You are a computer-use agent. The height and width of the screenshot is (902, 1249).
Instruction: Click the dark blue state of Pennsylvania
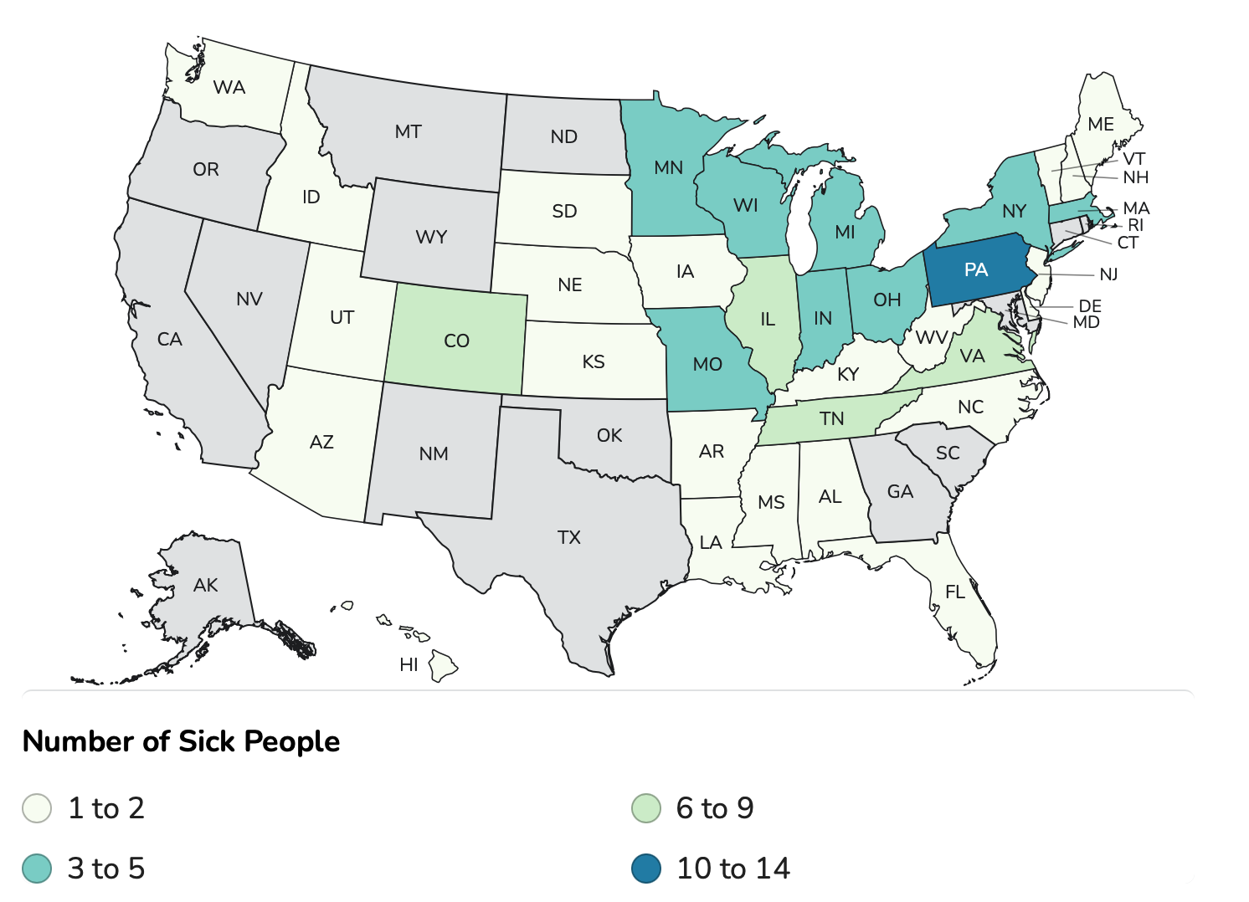coord(976,270)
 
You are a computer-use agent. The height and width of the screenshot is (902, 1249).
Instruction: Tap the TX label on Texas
coord(569,537)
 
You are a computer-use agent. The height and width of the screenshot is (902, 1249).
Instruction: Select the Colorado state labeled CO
coord(456,341)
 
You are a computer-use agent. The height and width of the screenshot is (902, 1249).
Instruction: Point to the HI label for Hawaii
coord(409,665)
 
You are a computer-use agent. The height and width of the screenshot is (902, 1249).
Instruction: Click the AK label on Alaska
coord(205,585)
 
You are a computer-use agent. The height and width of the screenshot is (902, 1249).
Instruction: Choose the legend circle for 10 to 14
coord(646,869)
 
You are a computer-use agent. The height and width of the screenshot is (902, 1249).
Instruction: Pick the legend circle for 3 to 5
coord(37,869)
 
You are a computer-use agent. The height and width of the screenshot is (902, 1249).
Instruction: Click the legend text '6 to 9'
coord(715,808)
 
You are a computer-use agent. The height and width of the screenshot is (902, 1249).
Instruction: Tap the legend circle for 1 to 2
coord(37,808)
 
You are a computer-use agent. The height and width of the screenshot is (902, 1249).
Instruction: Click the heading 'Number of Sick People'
coord(181,741)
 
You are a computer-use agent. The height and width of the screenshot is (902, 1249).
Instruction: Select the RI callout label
coord(1135,225)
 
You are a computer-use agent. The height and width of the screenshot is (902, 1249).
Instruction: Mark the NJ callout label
coord(1108,274)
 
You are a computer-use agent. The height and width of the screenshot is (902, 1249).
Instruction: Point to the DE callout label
coord(1090,306)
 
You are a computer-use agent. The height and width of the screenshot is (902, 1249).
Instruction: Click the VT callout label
coord(1134,159)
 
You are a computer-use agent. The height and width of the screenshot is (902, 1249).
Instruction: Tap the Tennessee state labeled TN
coord(831,418)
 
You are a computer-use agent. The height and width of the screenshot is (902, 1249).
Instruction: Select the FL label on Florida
coord(955,592)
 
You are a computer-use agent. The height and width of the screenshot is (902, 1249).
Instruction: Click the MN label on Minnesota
coord(668,167)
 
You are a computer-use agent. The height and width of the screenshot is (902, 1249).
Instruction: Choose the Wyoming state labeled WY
coord(431,237)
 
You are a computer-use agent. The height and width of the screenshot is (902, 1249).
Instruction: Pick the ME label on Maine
coord(1101,124)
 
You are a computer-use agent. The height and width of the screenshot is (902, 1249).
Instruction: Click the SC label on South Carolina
coord(948,453)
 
